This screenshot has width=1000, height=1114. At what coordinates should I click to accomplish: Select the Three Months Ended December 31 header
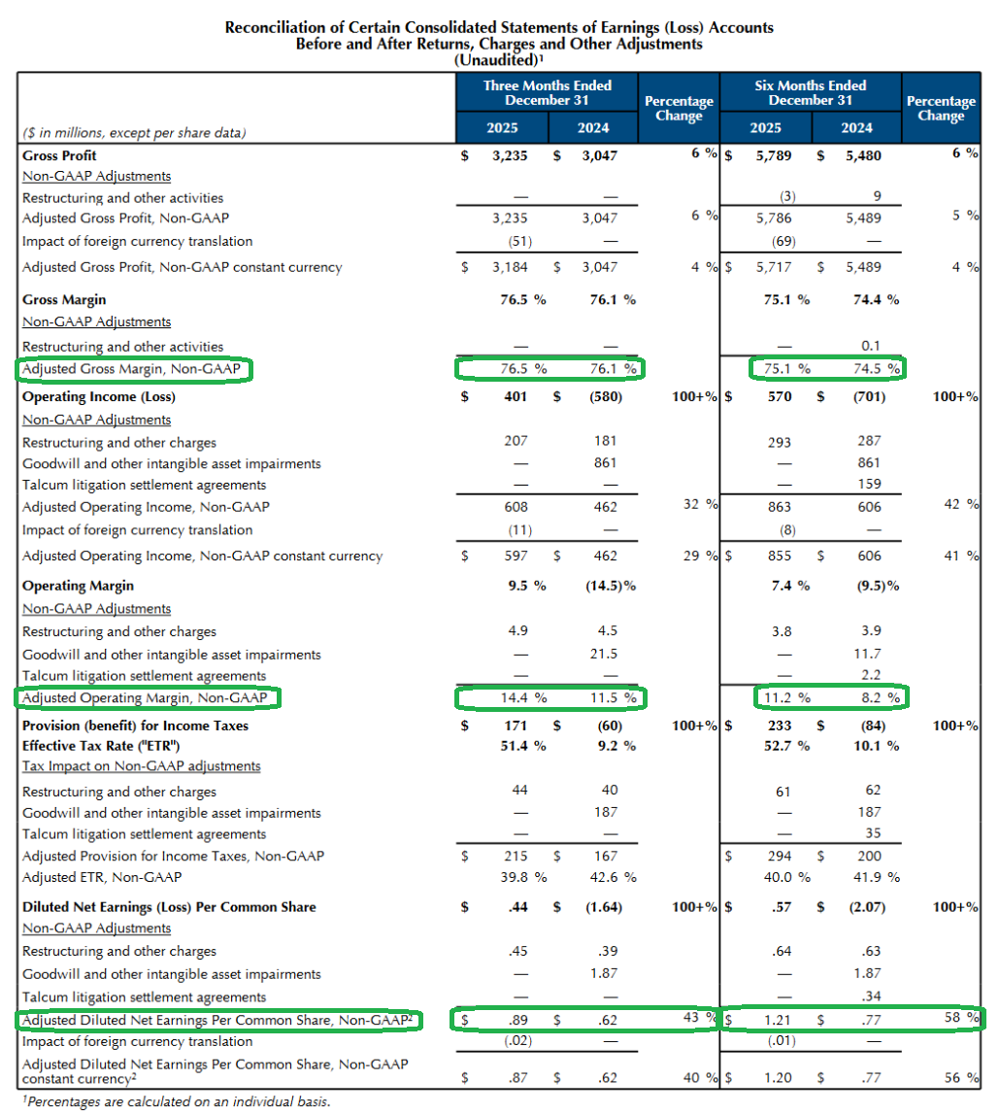[547, 92]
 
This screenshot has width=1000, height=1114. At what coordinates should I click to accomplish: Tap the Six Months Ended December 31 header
[811, 92]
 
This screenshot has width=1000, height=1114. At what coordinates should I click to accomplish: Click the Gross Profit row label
[59, 155]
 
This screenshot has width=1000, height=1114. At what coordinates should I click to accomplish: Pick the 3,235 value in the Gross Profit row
[510, 155]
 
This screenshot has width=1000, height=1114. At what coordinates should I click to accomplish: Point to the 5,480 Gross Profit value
[863, 155]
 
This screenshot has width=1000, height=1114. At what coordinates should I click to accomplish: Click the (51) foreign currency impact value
[519, 242]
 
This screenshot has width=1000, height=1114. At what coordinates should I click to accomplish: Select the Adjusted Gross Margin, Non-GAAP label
[131, 369]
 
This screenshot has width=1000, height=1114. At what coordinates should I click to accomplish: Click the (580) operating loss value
[605, 396]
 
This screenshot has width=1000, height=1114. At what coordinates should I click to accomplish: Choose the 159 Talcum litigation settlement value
[869, 484]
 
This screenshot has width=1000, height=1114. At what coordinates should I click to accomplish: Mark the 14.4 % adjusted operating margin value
[523, 697]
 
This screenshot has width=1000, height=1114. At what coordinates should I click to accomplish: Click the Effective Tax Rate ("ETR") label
[101, 746]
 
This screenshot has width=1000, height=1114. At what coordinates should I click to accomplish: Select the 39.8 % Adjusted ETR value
[523, 877]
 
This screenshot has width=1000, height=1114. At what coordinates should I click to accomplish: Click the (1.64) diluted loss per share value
[604, 907]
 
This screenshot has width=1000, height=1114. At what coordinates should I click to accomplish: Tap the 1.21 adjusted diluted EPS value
[778, 1020]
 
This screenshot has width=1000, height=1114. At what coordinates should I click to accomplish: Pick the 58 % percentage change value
[961, 1018]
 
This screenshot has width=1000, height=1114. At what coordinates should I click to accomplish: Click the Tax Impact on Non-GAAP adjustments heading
[142, 766]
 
